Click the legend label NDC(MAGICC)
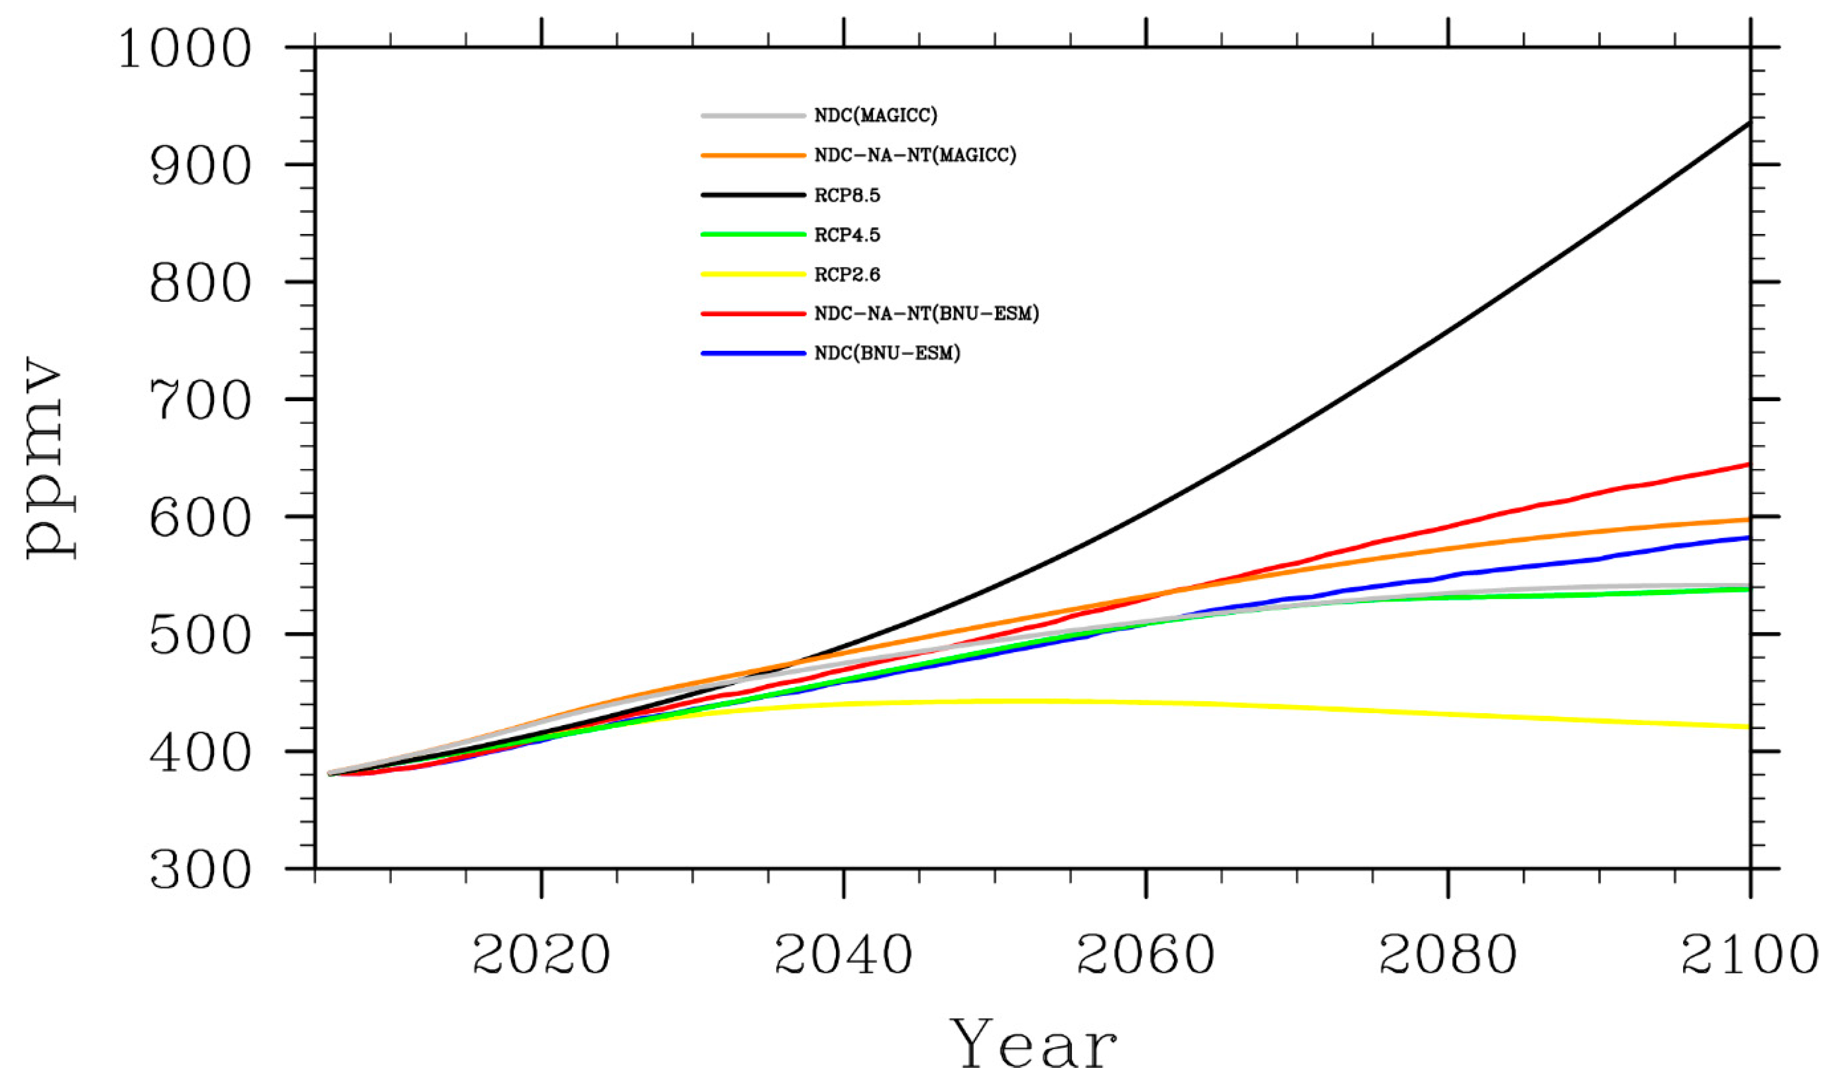coord(875,115)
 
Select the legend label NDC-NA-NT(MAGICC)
coord(914,155)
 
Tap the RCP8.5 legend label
coord(847,195)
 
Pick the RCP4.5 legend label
coord(847,235)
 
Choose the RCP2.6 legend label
coord(847,275)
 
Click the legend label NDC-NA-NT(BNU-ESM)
coord(926,314)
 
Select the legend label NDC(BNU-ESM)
coord(887,353)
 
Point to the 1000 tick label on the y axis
coord(185,50)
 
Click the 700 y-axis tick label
coord(200,401)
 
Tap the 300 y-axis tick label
coord(200,870)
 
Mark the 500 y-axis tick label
coord(200,636)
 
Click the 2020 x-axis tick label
coord(541,955)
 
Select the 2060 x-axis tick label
coord(1145,955)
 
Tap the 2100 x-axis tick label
coord(1749,955)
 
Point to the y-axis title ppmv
coord(50,458)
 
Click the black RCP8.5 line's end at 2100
coord(1749,122)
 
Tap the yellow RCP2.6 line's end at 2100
coord(1749,727)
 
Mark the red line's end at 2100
coord(1749,464)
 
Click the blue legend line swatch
coord(752,353)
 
